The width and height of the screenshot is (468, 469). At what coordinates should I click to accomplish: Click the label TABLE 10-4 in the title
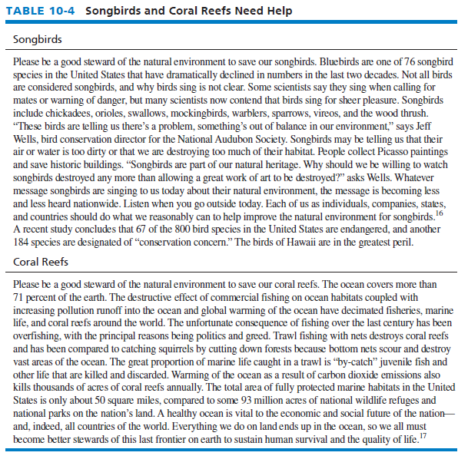click(x=39, y=12)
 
